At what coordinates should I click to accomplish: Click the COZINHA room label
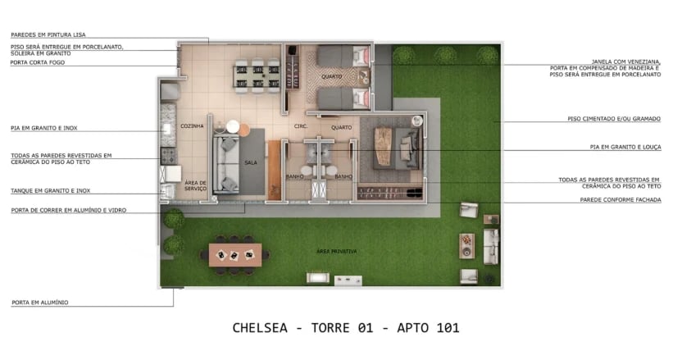pyautogui.click(x=192, y=126)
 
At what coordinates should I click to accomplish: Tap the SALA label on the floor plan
pyautogui.click(x=251, y=162)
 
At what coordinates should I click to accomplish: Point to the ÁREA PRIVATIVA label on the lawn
pyautogui.click(x=336, y=250)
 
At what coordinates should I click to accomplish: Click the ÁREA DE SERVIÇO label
pyautogui.click(x=195, y=185)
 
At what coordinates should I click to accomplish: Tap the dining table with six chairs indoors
pyautogui.click(x=254, y=73)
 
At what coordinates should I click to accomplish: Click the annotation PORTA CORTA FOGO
pyautogui.click(x=36, y=62)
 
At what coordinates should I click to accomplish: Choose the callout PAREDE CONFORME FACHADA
pyautogui.click(x=621, y=199)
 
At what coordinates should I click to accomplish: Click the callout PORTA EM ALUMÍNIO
pyautogui.click(x=40, y=303)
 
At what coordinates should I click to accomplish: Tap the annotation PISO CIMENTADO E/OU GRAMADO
pyautogui.click(x=614, y=119)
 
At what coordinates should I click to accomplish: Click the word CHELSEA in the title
pyautogui.click(x=260, y=328)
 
